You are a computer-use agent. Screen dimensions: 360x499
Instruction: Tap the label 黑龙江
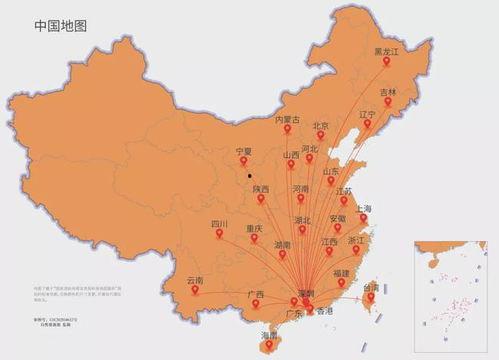click(386, 51)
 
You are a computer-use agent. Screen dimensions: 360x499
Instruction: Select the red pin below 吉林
click(388, 103)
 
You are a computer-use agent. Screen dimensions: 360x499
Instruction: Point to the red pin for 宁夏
click(244, 163)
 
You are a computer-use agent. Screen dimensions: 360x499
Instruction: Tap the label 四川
click(220, 224)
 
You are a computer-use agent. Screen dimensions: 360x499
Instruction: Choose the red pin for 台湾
click(371, 296)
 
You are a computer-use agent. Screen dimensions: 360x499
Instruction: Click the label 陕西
click(260, 189)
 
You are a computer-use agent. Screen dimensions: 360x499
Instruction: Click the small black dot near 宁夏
click(250, 174)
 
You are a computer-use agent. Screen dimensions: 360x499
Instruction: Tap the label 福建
click(342, 272)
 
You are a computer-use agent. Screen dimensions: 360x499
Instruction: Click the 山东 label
click(331, 171)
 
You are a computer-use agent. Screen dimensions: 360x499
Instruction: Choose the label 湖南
click(282, 244)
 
